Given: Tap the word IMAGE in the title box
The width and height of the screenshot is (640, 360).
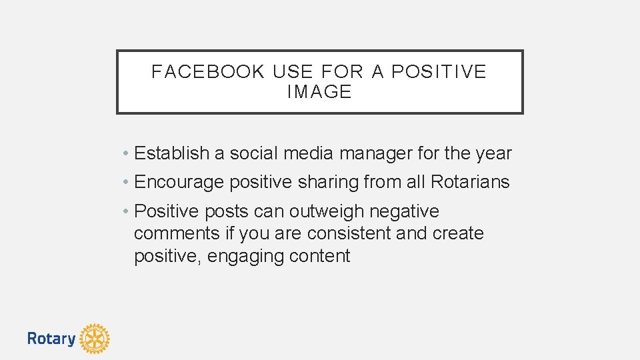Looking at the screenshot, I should click(x=319, y=92).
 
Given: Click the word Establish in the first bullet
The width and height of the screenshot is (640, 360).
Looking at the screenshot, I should click(x=171, y=153).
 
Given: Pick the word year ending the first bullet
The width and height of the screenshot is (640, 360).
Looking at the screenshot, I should click(x=494, y=154).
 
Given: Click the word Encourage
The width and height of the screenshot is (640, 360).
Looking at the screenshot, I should click(x=179, y=182).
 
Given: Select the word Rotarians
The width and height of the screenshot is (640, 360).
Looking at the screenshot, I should click(x=470, y=182).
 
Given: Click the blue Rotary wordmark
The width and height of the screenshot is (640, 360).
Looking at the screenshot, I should click(x=51, y=339).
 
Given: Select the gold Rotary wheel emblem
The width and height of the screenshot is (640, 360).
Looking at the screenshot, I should click(x=95, y=339).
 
